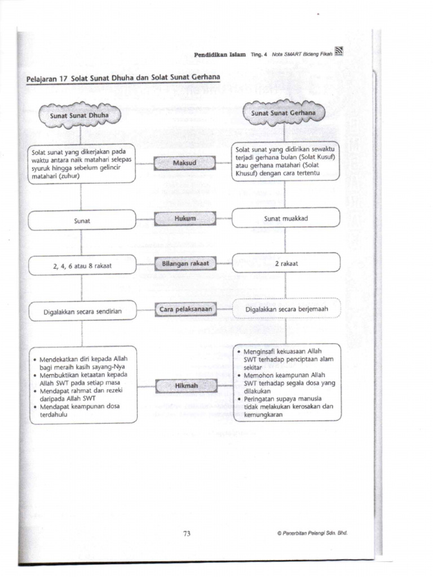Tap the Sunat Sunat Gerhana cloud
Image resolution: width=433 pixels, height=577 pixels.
click(284, 113)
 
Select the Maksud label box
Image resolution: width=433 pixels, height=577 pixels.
click(184, 163)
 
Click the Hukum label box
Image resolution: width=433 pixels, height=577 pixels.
click(184, 218)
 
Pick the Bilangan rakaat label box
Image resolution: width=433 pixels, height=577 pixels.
click(184, 263)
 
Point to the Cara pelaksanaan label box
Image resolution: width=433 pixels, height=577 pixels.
click(184, 309)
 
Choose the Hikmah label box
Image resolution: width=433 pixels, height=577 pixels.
click(184, 386)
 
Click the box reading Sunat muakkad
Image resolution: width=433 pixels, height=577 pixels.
click(286, 218)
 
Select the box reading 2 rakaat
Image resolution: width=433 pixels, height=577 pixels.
click(286, 263)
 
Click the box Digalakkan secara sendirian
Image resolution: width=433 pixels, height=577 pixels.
click(82, 310)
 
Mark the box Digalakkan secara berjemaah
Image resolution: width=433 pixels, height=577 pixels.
click(286, 309)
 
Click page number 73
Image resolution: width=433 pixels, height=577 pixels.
click(187, 534)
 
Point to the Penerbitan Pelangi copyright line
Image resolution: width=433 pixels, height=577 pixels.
click(312, 532)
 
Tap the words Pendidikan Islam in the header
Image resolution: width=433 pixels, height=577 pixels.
click(220, 55)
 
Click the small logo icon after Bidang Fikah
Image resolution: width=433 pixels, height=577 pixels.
click(338, 52)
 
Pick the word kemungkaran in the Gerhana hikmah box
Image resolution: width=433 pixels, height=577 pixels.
click(263, 415)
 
